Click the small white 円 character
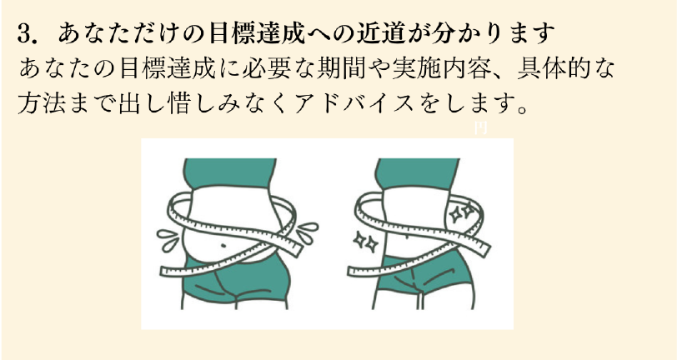[x=479, y=128]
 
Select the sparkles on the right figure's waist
[x=460, y=214]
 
